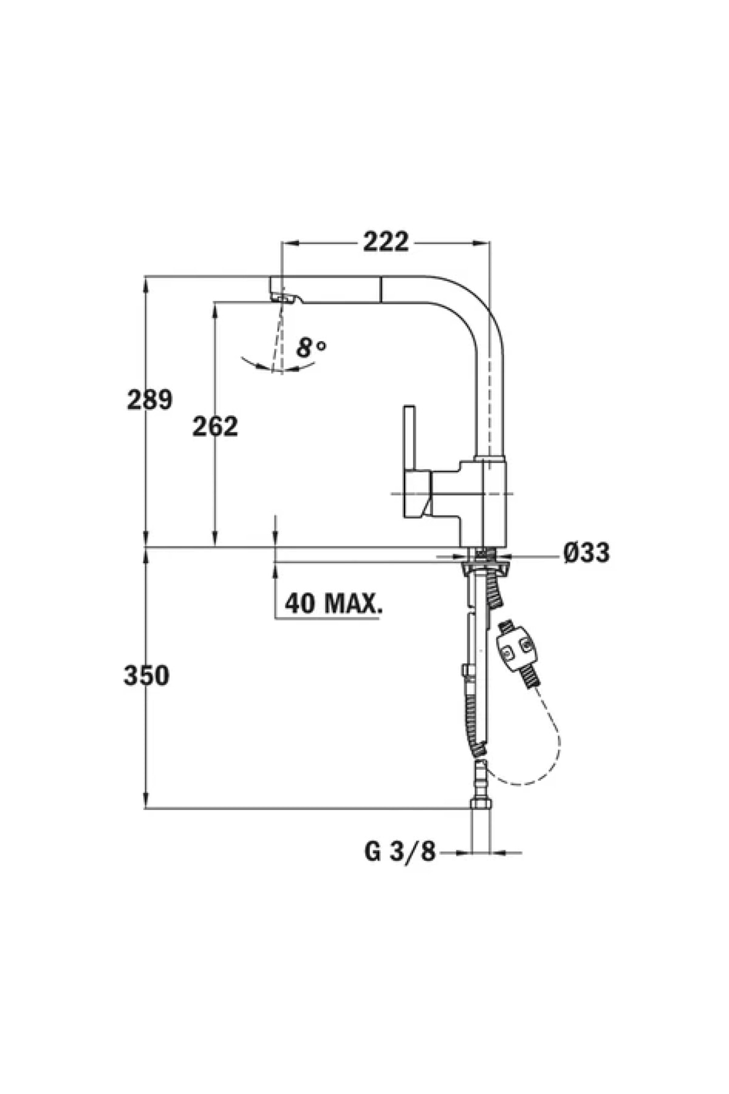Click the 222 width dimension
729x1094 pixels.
[386, 242]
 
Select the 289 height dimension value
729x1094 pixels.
[149, 400]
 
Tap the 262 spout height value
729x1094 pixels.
[215, 427]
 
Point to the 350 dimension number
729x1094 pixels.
[146, 675]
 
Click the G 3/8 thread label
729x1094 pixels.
[400, 851]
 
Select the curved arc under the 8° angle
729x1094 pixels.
[276, 366]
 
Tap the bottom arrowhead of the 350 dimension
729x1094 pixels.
[146, 801]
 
